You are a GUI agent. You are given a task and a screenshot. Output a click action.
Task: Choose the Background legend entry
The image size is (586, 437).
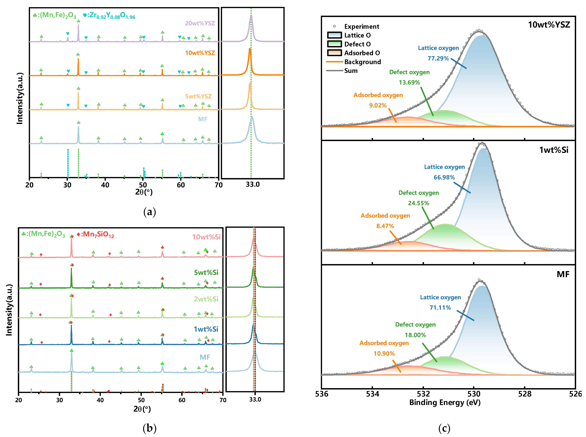(x=362, y=62)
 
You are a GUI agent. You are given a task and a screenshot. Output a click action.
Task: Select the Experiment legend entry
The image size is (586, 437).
(x=361, y=26)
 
